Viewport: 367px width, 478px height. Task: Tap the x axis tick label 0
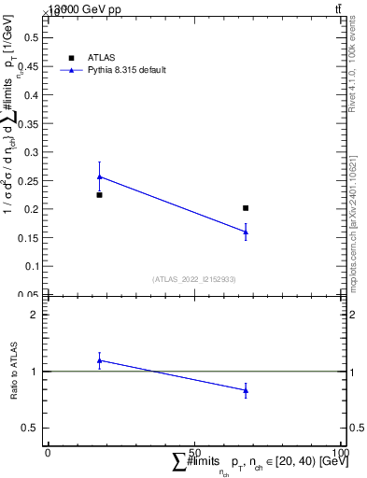pos(48,452)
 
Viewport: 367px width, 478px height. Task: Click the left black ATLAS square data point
pos(99,194)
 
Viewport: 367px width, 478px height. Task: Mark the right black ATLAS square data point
pos(246,208)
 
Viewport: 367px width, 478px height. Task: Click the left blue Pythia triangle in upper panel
pos(99,176)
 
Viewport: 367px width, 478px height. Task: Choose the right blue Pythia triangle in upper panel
pos(246,232)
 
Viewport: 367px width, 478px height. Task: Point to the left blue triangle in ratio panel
pos(99,360)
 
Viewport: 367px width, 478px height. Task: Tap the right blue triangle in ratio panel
pos(246,390)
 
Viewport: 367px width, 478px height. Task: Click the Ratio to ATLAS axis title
pos(13,372)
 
